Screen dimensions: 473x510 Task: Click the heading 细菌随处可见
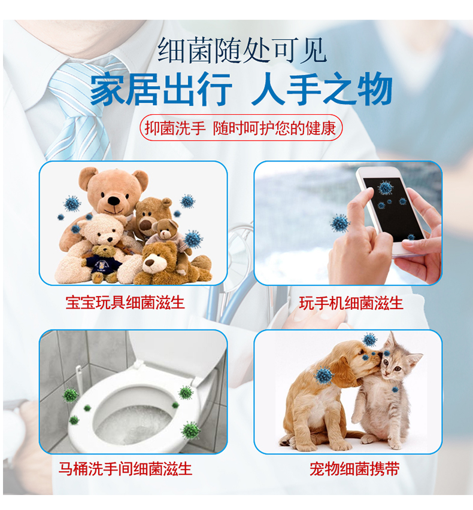(242, 50)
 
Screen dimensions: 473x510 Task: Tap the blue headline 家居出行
(161, 89)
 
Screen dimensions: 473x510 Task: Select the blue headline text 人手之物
(322, 89)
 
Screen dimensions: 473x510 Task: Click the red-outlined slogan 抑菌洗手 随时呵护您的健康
(241, 128)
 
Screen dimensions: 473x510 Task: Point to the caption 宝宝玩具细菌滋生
(125, 303)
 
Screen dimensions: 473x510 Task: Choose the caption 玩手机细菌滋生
(351, 303)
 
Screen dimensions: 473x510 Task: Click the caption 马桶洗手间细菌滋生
(125, 469)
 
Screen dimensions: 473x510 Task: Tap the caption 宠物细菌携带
(354, 469)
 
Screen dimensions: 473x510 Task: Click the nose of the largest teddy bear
(114, 201)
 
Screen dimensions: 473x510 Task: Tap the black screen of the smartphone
(394, 209)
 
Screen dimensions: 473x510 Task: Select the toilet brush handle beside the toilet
(79, 380)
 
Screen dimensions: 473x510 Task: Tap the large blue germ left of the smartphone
(339, 224)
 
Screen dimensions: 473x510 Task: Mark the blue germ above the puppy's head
(370, 340)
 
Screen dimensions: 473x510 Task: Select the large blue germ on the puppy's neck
(324, 375)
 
